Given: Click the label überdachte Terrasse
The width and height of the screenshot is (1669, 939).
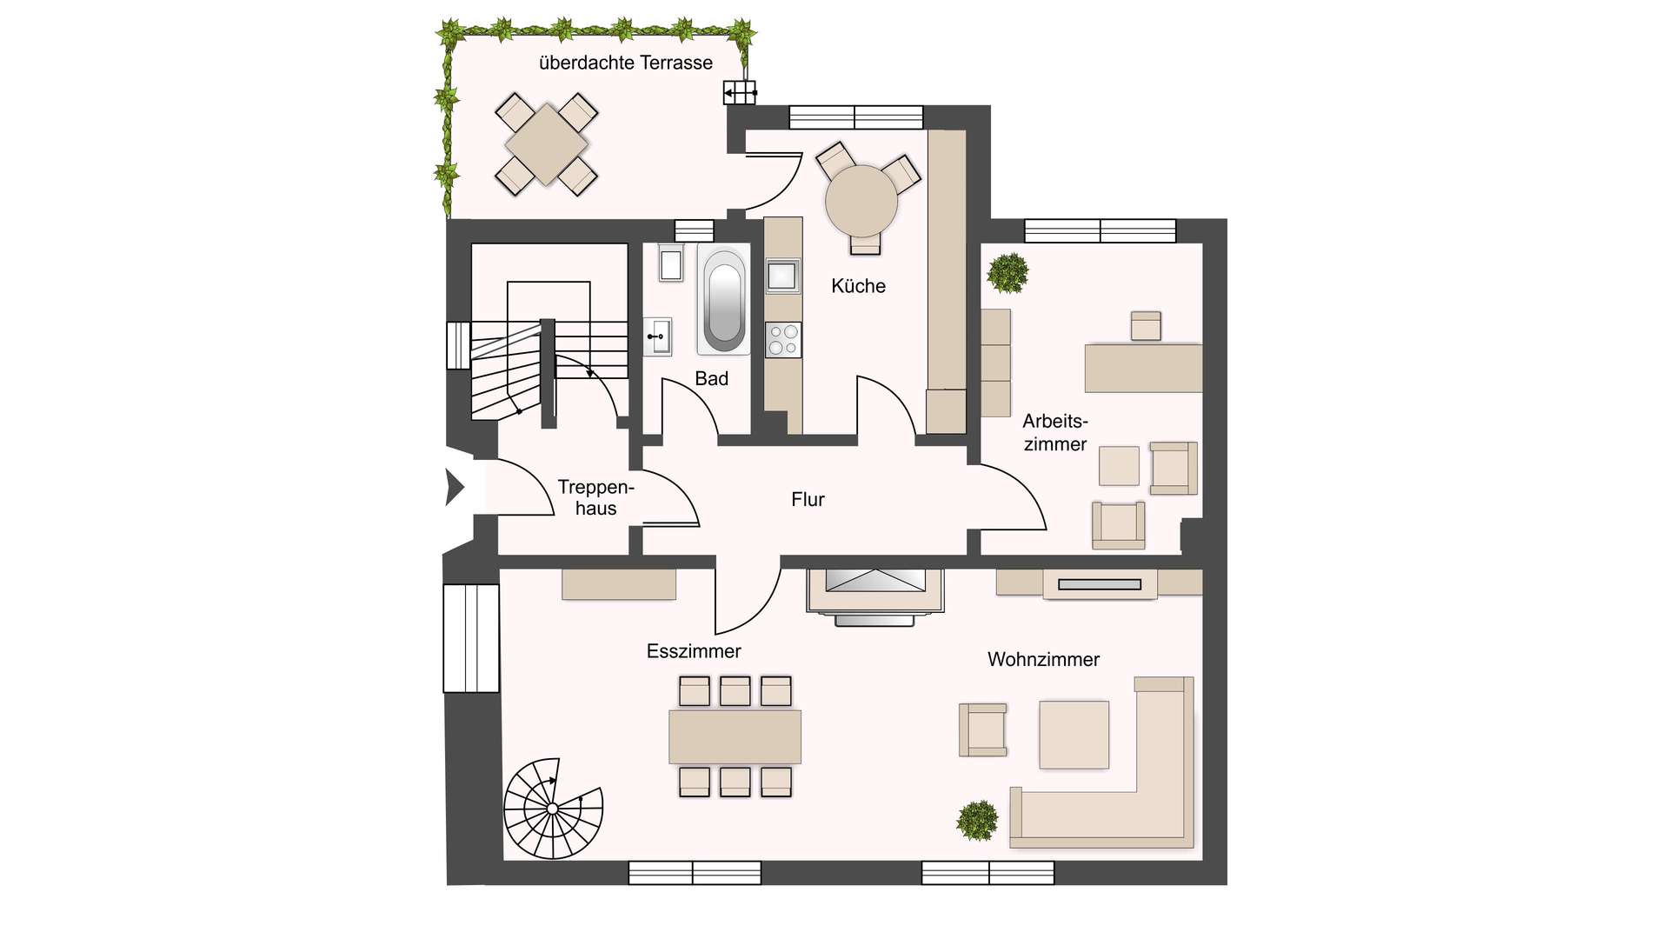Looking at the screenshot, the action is coord(626,63).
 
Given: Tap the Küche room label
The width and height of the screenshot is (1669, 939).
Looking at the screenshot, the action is coord(858,286).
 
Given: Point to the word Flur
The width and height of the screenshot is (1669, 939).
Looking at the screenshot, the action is coord(808,499).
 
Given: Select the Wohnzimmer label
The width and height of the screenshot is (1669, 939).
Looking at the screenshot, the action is coord(1043,659).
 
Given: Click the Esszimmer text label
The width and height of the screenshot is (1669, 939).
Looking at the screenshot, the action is coord(694,651).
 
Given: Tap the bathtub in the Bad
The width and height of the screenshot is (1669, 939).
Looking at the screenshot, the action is coord(723,299).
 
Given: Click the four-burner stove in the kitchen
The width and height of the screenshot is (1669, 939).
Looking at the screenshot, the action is coord(783,339).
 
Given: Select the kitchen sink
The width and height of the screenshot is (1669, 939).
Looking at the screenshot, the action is coord(782,276).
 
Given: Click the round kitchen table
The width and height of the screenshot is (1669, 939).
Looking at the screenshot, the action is coord(861,201).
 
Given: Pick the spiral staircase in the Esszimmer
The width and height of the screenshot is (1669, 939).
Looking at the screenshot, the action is coord(553,809).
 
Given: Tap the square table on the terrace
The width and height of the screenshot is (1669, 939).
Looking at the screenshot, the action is coord(546,144).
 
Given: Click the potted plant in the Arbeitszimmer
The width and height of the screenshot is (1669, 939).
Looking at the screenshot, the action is coord(1007,272).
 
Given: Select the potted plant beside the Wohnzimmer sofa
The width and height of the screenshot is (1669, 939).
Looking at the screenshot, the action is coord(977,820).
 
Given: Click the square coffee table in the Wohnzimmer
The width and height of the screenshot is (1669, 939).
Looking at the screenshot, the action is coord(1074,735).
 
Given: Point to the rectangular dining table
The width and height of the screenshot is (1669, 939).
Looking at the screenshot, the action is coord(735,736).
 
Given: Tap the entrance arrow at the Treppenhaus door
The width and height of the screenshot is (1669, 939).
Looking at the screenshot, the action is coord(455,487).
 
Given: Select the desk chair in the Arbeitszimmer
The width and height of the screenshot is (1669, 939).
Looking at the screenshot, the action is coord(1146,326).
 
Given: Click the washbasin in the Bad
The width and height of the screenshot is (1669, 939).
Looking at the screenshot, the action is coord(657,336).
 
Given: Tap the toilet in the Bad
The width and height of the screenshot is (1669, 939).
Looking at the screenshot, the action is coord(670,263).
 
